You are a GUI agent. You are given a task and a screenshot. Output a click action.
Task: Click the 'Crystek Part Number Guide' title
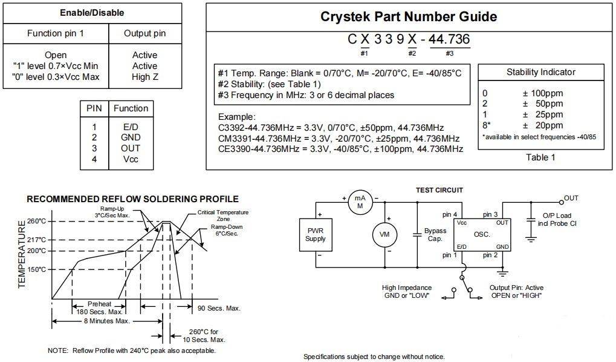tap(409, 17)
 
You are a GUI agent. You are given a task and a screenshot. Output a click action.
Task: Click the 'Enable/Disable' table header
tap(92, 13)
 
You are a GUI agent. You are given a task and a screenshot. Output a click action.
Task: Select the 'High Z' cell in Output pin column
tap(144, 77)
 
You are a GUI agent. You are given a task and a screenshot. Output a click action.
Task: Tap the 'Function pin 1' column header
tap(56, 33)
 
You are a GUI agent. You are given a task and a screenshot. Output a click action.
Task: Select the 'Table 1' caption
tap(540, 157)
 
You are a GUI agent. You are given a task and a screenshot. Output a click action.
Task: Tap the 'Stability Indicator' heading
tap(540, 72)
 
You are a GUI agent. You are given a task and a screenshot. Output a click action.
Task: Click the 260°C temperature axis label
tap(36, 221)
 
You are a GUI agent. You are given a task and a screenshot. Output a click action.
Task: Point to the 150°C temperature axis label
tap(36, 269)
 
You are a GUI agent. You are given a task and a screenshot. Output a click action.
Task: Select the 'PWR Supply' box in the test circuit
tap(316, 235)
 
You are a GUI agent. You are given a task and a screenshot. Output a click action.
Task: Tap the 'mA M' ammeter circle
tap(360, 202)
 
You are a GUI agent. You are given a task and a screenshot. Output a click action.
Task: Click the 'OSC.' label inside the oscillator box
tap(482, 234)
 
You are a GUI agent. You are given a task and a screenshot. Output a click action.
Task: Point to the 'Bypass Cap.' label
tap(435, 234)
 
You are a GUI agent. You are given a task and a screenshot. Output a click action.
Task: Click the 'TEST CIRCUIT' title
tap(439, 190)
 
